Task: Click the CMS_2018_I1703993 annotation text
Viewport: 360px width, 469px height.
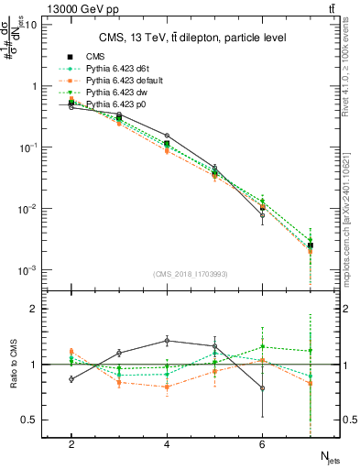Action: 191,274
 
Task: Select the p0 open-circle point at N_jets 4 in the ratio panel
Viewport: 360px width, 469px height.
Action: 167,340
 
